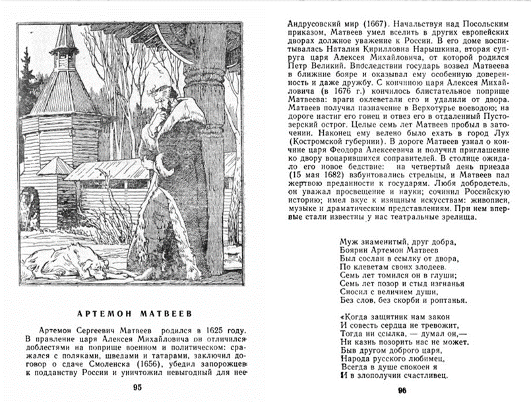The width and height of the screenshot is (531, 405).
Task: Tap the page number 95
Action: [x=137, y=387]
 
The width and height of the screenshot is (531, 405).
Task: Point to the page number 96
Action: [x=401, y=390]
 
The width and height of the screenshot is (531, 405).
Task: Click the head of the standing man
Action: [x=170, y=99]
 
